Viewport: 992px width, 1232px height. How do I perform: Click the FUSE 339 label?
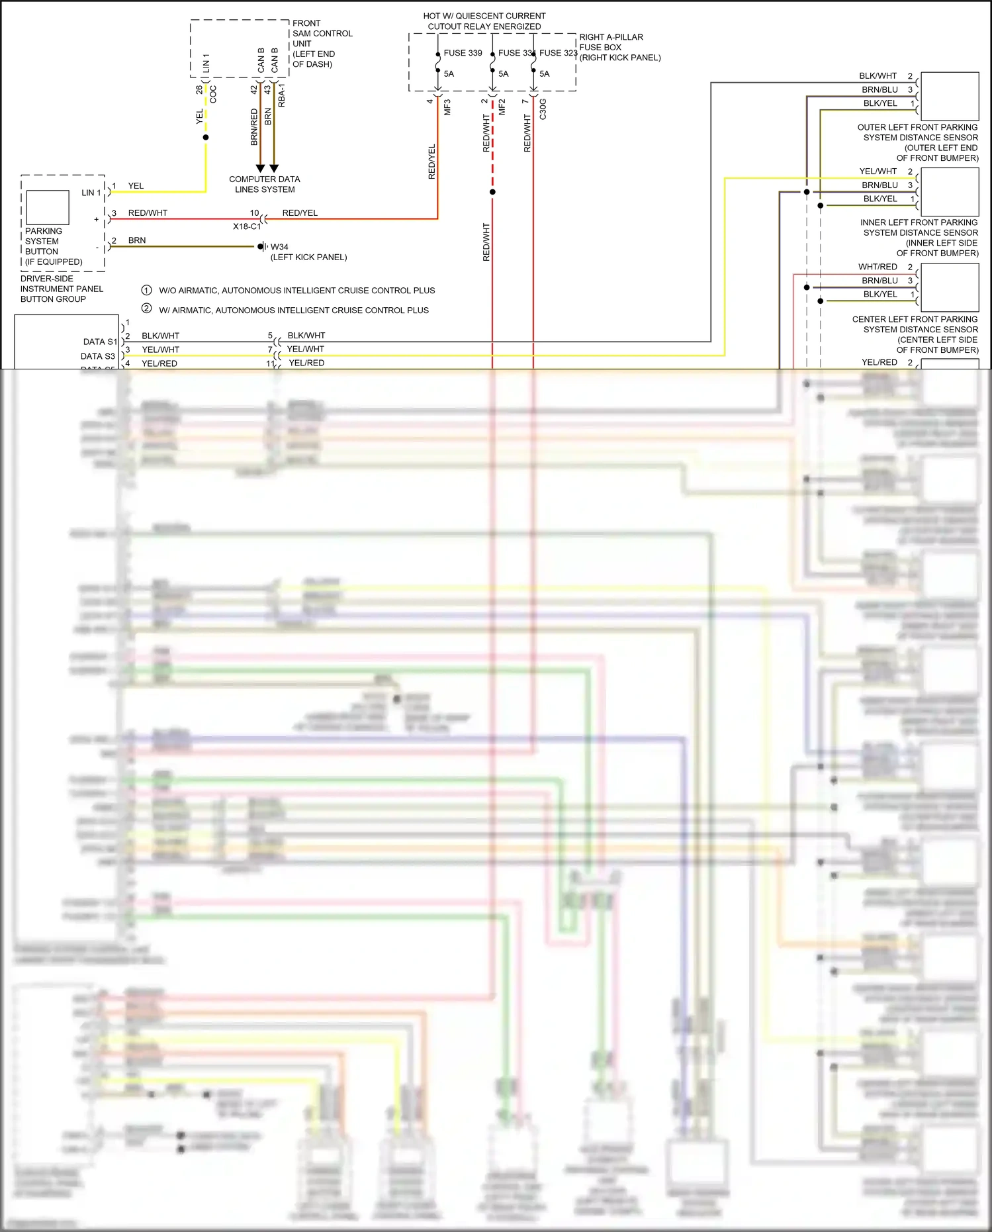tap(463, 53)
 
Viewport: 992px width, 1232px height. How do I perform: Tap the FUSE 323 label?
tap(558, 53)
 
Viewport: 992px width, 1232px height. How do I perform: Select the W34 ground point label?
tap(279, 247)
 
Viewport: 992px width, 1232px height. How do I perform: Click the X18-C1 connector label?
tap(246, 226)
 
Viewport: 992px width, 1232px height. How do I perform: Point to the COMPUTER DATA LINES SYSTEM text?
tap(265, 184)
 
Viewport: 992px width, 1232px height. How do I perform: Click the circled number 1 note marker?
tap(147, 290)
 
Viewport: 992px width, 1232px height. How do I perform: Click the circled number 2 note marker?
tap(147, 309)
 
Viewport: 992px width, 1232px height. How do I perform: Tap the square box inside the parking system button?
tap(48, 207)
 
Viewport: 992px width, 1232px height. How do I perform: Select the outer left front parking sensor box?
tap(950, 96)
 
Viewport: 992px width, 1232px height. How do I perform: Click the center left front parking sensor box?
tap(950, 287)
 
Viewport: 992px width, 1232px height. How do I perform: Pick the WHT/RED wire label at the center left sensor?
tap(878, 267)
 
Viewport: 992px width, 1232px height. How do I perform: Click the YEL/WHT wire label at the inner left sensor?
tap(878, 171)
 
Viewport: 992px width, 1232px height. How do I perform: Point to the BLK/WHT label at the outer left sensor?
tap(878, 76)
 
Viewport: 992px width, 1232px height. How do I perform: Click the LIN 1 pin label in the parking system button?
tap(91, 193)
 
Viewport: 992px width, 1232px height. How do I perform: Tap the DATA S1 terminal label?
tap(100, 342)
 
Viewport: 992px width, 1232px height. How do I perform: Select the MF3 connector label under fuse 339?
tap(447, 107)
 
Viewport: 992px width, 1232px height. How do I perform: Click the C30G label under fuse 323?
tap(543, 109)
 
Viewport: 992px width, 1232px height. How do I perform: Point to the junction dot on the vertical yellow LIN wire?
tap(206, 138)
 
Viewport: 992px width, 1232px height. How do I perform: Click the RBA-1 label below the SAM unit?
tap(282, 95)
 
